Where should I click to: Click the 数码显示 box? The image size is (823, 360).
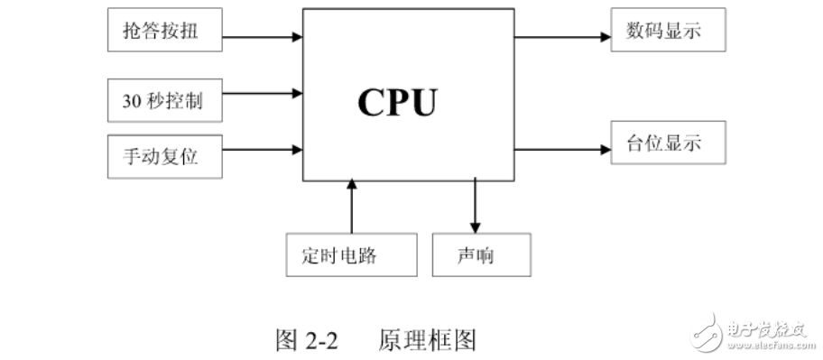(x=667, y=32)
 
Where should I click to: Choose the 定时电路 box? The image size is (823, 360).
(x=351, y=256)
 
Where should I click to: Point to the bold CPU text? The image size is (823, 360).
(x=397, y=102)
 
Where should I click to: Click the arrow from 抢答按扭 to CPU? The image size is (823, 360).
(x=262, y=37)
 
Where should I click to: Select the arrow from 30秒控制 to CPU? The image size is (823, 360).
(x=262, y=92)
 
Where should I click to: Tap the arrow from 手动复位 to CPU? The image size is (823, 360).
(x=262, y=148)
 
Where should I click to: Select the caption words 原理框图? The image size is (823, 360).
(x=427, y=340)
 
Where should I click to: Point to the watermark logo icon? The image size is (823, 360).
(x=709, y=331)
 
